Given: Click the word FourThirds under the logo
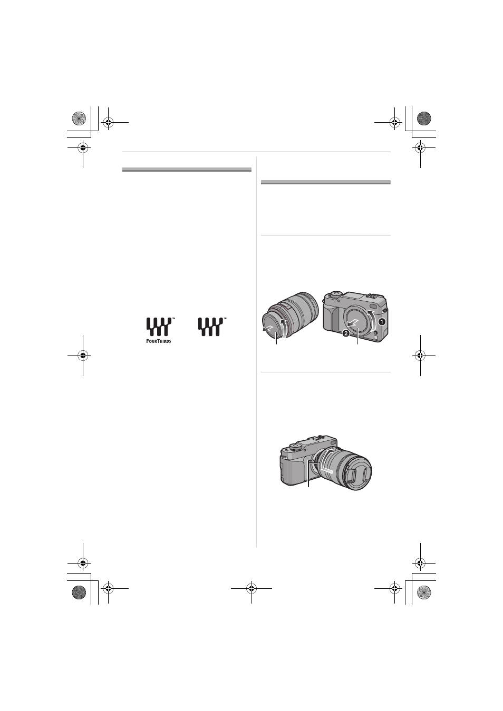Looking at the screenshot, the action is pyautogui.click(x=159, y=341).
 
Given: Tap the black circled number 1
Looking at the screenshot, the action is pyautogui.click(x=381, y=322).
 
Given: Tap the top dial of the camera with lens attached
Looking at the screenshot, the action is pyautogui.click(x=295, y=447).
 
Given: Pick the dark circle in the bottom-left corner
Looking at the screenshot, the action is pyautogui.click(x=79, y=592).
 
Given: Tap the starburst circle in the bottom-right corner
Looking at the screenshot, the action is pyautogui.click(x=424, y=592).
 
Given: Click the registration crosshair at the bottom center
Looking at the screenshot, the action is pyautogui.click(x=252, y=588).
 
